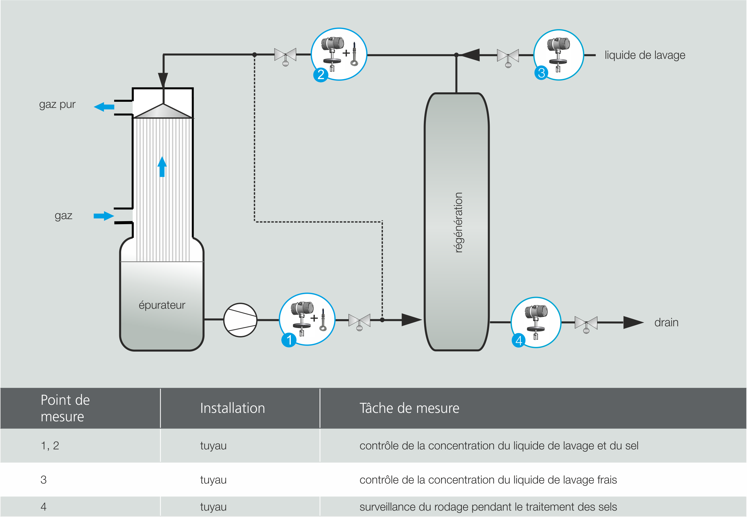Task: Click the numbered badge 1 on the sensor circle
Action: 289,340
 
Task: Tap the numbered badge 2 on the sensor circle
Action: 320,74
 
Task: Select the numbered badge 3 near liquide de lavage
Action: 541,73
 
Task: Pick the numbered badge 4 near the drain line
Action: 519,340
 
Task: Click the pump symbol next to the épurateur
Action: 240,320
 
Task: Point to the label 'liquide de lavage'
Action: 645,55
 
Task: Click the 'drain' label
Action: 666,323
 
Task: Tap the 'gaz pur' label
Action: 57,104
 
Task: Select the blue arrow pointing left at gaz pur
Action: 104,107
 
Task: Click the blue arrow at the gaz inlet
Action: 104,216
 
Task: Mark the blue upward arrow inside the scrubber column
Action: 162,166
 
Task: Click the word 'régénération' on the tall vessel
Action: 458,222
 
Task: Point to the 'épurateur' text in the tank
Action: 162,305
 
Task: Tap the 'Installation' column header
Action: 232,408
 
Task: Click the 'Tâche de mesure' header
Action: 409,408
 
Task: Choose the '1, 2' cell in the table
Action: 50,445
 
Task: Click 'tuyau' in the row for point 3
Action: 213,479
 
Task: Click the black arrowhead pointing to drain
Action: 633,323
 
